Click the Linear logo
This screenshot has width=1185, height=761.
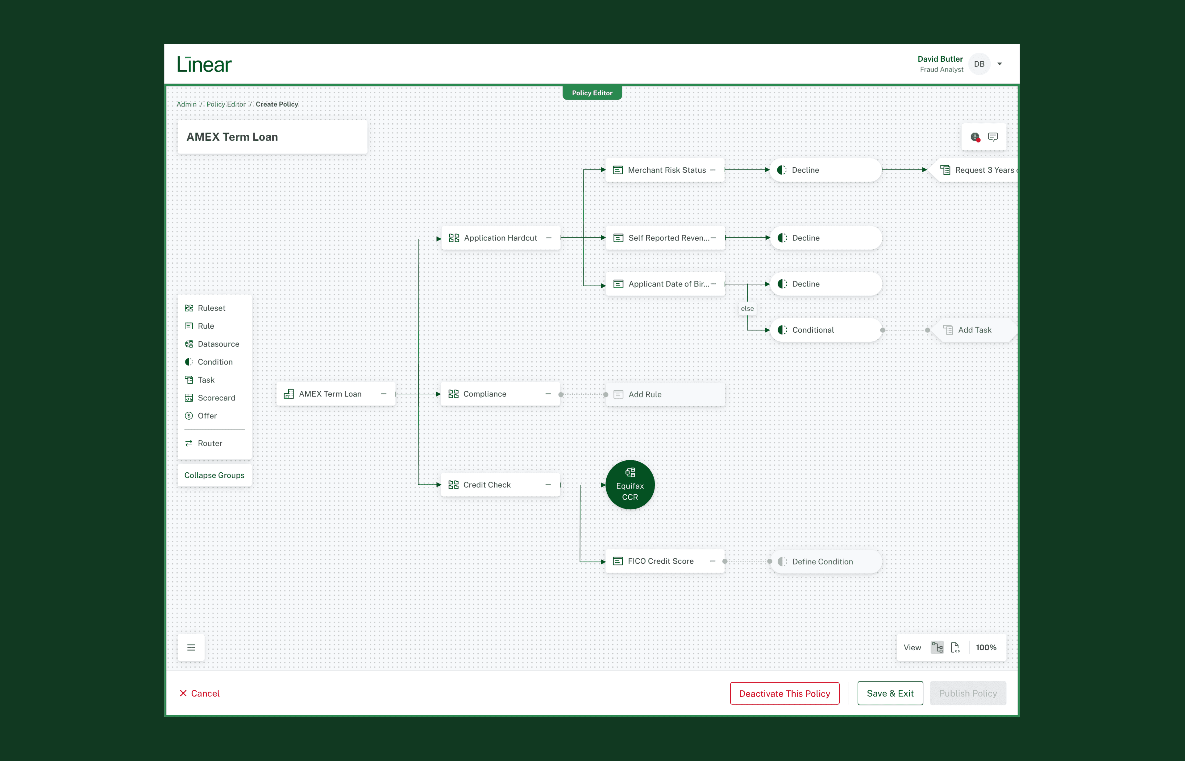tap(204, 64)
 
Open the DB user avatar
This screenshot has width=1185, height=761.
tap(979, 64)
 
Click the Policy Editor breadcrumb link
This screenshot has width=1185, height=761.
tap(226, 104)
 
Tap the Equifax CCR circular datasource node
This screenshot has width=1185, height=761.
tap(630, 485)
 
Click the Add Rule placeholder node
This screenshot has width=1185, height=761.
tap(665, 394)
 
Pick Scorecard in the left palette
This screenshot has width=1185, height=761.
tap(216, 398)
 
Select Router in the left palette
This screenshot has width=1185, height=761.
tap(210, 443)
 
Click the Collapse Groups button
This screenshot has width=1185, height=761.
tap(214, 475)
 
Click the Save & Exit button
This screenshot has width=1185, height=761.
tap(890, 693)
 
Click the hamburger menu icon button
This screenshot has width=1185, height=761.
tap(191, 647)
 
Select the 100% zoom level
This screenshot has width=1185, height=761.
tap(986, 647)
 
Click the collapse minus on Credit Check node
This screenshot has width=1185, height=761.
tap(548, 485)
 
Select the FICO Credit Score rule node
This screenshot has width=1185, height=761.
tap(660, 561)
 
